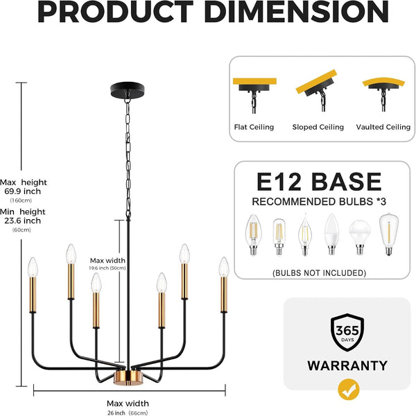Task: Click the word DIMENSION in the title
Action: click(296, 12)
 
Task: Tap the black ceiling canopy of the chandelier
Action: click(128, 90)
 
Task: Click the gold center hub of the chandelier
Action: click(128, 377)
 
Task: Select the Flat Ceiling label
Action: click(254, 127)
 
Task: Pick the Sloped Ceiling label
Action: click(318, 127)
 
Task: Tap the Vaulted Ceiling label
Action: click(383, 127)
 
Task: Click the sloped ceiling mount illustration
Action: click(317, 90)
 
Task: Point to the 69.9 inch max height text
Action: click(23, 191)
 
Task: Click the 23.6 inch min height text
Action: click(23, 220)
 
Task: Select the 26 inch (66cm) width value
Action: click(128, 413)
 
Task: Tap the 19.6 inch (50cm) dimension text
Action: click(107, 268)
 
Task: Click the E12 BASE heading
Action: click(319, 182)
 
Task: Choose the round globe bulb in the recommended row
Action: click(360, 237)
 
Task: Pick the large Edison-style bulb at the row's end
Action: click(389, 234)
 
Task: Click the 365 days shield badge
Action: click(347, 332)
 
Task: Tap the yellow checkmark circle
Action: click(349, 390)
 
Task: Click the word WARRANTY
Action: click(347, 365)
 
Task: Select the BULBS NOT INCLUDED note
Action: click(319, 273)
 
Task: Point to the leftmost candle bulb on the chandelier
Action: click(33, 268)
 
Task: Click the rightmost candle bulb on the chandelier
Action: click(224, 268)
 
